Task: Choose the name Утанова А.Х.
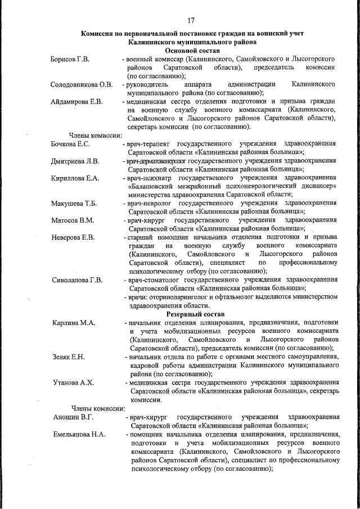[71, 382]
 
